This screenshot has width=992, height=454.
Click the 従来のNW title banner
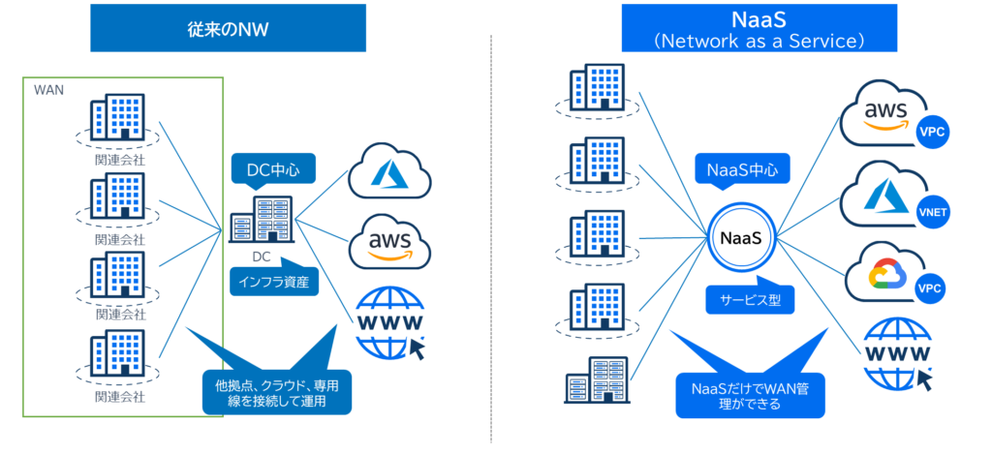(x=228, y=29)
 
